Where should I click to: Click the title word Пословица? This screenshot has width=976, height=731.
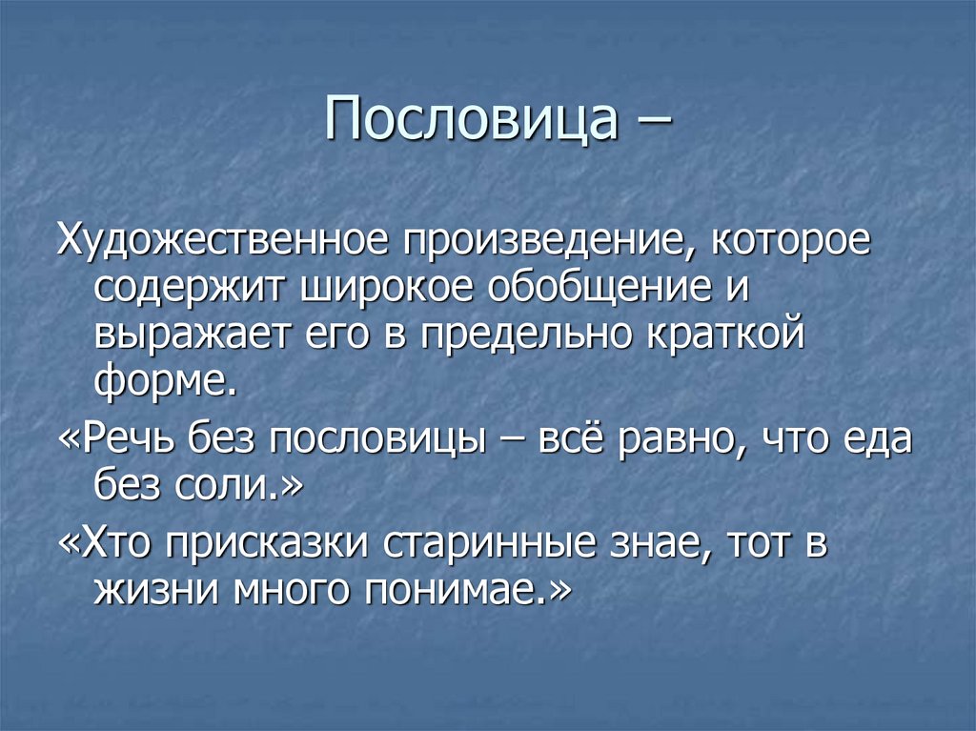pyautogui.click(x=473, y=119)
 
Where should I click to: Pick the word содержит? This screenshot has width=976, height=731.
pyautogui.click(x=192, y=289)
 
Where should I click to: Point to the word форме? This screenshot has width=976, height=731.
pyautogui.click(x=166, y=381)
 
